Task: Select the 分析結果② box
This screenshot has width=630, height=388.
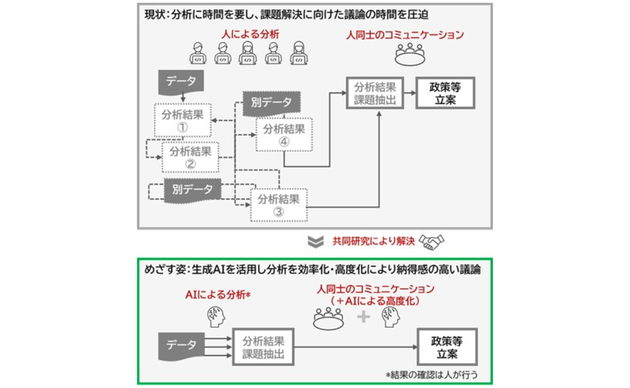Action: tap(190, 157)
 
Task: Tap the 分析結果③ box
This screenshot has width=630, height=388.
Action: tap(279, 205)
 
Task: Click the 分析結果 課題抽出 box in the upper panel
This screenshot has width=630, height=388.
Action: tap(375, 93)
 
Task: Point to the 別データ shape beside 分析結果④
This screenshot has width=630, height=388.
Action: tap(271, 103)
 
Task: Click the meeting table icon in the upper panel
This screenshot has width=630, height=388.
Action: tap(409, 54)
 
